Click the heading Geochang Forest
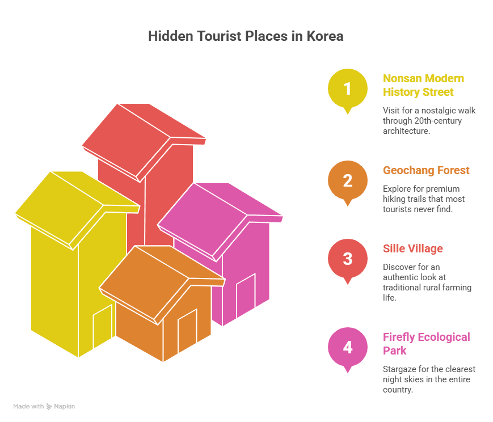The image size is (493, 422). (426, 170)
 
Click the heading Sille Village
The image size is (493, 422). (413, 249)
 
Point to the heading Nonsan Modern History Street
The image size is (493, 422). (423, 85)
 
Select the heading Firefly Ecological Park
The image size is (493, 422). (427, 344)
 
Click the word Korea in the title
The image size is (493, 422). (325, 36)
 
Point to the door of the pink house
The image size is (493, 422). (246, 296)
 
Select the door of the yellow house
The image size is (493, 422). (103, 326)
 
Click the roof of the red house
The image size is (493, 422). (144, 143)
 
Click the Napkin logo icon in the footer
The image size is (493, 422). (49, 407)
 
